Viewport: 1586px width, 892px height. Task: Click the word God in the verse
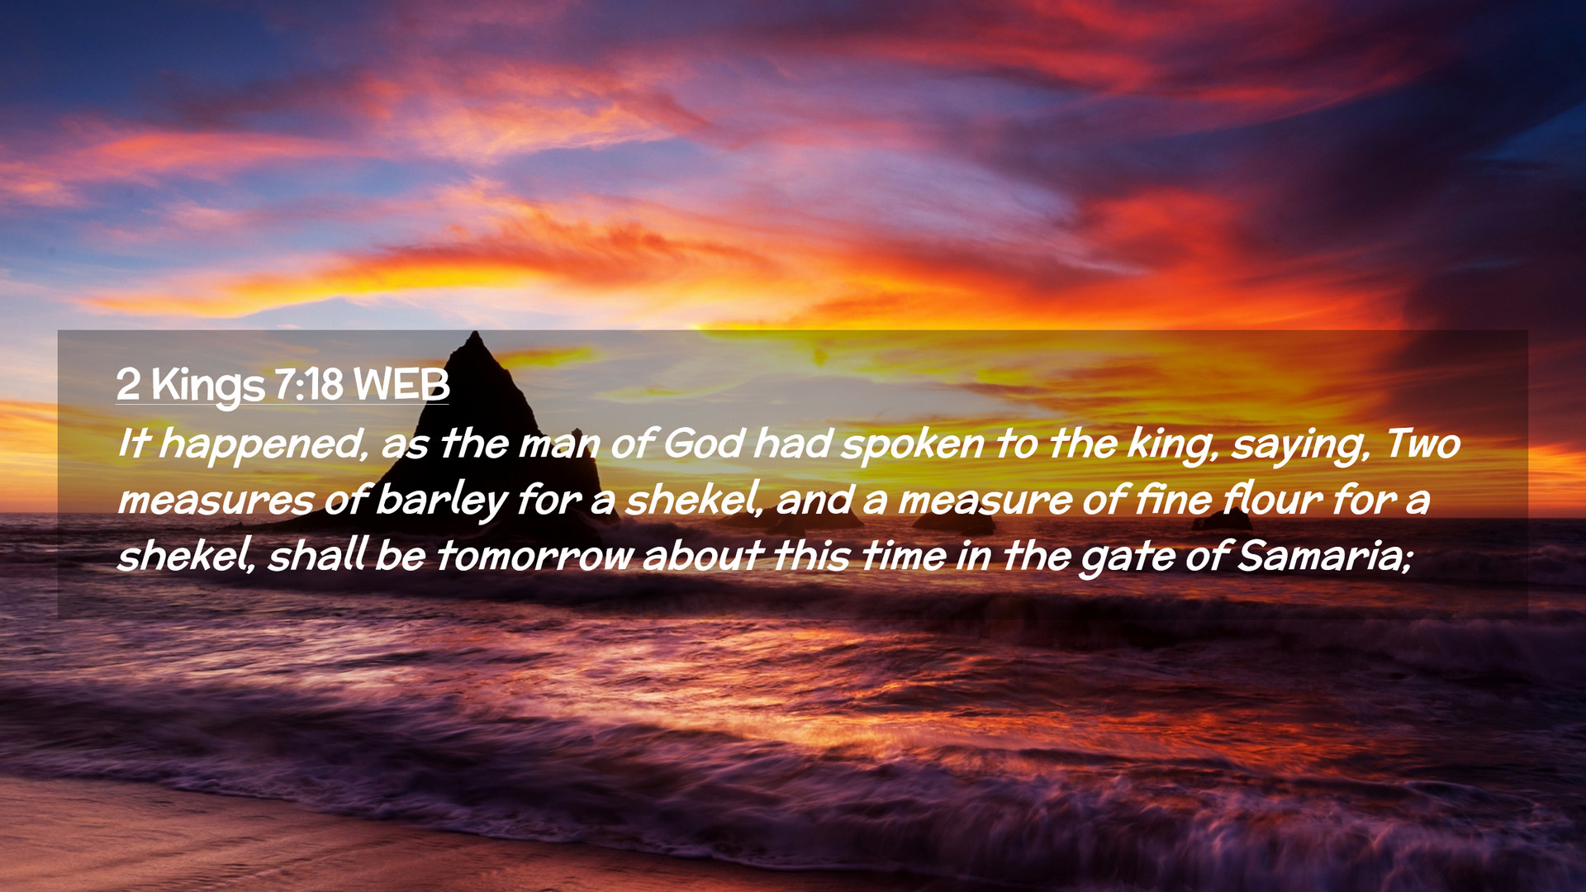click(705, 444)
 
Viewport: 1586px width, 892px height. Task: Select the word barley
click(441, 501)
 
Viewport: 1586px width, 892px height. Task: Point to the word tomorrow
click(534, 555)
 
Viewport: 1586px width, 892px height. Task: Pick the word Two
click(1422, 444)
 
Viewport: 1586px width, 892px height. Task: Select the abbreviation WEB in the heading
click(401, 385)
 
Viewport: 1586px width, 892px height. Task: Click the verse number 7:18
click(308, 385)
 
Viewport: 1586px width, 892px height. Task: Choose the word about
click(702, 555)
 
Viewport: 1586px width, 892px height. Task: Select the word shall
click(317, 555)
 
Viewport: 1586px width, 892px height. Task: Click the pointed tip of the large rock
click(475, 333)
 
